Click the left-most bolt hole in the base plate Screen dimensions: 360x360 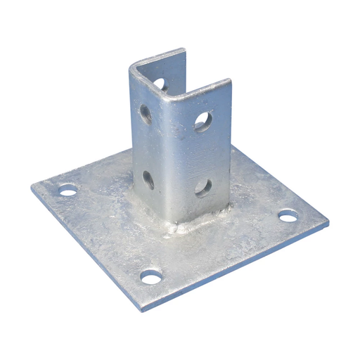click(x=67, y=190)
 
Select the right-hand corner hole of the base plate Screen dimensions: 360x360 click(x=288, y=216)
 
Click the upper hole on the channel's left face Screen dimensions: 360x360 click(x=146, y=113)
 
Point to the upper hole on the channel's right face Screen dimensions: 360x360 click(x=203, y=121)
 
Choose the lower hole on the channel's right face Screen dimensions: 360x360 click(x=203, y=187)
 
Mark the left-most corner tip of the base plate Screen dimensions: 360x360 click(x=32, y=186)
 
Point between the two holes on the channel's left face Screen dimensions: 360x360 click(x=148, y=146)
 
